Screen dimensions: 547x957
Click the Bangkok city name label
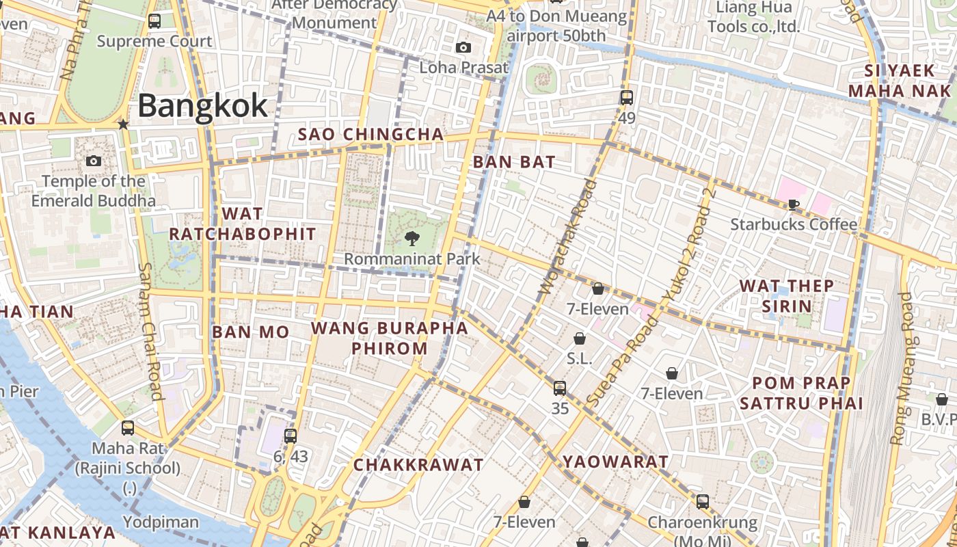tap(202, 106)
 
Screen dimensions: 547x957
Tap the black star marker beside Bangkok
tap(123, 124)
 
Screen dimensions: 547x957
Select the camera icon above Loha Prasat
tap(463, 47)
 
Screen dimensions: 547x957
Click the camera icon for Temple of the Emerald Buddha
tap(94, 161)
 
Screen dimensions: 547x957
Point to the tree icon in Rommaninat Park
tap(412, 238)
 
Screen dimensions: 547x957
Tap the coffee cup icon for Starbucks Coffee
tap(794, 204)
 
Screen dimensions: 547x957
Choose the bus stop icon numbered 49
tap(627, 97)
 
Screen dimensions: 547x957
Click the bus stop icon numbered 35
tap(560, 388)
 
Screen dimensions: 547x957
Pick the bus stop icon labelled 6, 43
tap(291, 436)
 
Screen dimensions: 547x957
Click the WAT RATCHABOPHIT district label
tap(242, 224)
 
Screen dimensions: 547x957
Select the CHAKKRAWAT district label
tap(418, 465)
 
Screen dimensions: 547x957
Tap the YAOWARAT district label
tap(615, 462)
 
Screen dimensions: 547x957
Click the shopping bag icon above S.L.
tap(580, 338)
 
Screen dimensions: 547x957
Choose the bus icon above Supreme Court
tap(154, 21)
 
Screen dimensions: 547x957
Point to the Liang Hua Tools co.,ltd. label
tap(753, 17)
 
